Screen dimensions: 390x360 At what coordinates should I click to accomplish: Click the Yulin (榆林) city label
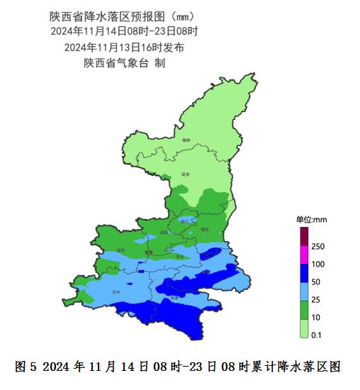(x=186, y=141)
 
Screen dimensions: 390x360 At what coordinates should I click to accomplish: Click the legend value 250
(x=317, y=246)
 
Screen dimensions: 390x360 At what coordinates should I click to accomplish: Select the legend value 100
(x=317, y=264)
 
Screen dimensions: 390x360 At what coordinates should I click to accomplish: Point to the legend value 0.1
(x=317, y=334)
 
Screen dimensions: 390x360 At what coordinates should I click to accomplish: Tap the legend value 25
(x=316, y=300)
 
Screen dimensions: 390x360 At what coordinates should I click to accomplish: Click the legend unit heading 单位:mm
(x=310, y=220)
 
